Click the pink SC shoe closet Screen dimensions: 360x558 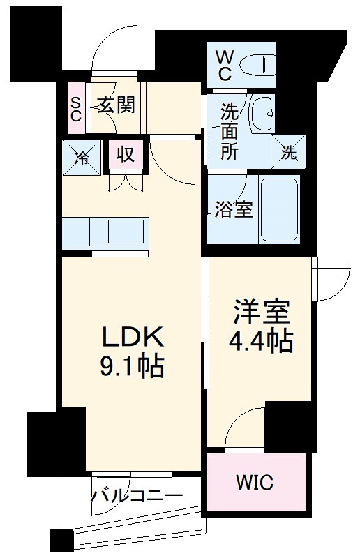(x=75, y=108)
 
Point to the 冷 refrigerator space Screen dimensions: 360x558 (x=82, y=158)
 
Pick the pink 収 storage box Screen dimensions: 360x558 (x=126, y=154)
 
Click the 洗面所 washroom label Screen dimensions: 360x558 (x=229, y=131)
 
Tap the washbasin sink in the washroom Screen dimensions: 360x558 (x=263, y=114)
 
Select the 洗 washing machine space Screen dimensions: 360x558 (x=288, y=151)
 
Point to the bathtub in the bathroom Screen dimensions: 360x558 (x=279, y=210)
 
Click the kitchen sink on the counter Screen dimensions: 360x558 (x=126, y=231)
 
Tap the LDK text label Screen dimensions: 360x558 (x=133, y=337)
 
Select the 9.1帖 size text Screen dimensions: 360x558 (x=132, y=365)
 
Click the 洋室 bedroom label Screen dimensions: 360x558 (x=262, y=312)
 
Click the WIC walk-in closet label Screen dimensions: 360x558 (x=255, y=483)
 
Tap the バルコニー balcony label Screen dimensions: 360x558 (x=137, y=495)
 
